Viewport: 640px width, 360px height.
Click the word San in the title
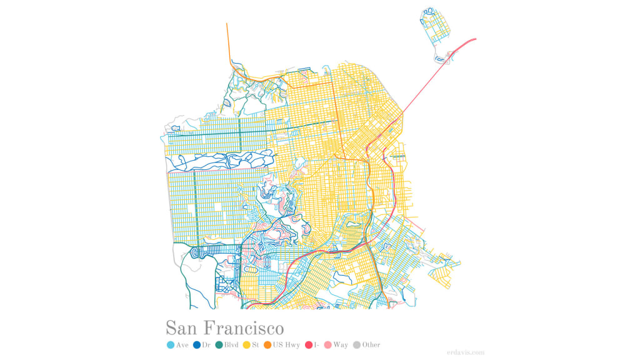click(182, 328)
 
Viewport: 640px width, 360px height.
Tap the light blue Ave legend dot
click(171, 345)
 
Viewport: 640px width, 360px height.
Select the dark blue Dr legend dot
click(197, 345)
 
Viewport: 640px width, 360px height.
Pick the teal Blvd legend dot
click(219, 345)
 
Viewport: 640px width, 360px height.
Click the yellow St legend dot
click(246, 345)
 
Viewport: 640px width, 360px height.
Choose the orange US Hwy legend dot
click(267, 345)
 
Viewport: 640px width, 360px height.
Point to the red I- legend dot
click(308, 345)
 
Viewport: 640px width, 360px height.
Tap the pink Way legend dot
click(327, 345)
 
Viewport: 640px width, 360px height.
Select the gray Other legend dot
click(357, 345)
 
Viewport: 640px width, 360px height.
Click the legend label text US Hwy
click(286, 345)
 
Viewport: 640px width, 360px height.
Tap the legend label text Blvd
click(232, 345)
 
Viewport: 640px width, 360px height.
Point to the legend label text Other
click(371, 345)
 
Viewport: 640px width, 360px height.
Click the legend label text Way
click(341, 345)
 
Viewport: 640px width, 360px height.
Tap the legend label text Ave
click(182, 345)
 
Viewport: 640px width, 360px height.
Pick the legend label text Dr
click(206, 345)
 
